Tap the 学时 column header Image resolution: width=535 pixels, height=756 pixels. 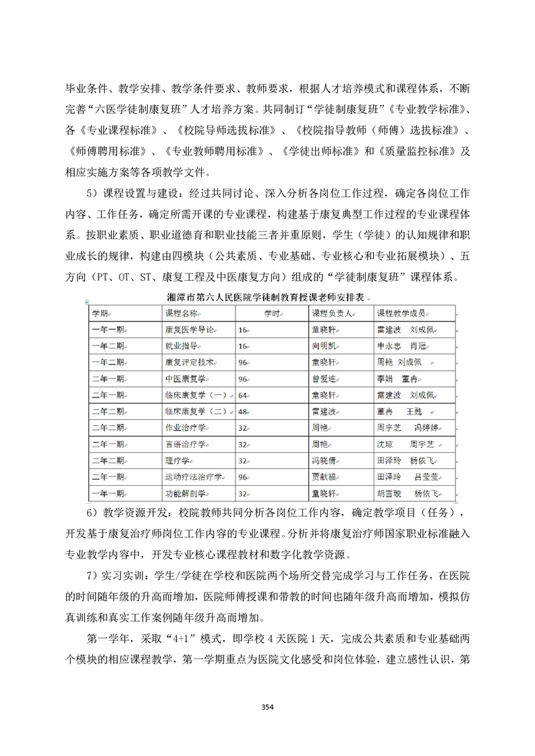tap(271, 313)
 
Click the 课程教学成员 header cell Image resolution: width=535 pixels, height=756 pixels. tap(405, 313)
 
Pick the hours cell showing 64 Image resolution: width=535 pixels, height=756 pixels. tap(244, 395)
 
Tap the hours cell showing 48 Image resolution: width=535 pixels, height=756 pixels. tap(244, 411)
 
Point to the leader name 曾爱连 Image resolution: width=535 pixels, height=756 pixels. tap(323, 379)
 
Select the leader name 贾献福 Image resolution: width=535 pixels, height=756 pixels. tap(323, 477)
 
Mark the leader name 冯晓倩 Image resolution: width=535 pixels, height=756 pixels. tap(323, 461)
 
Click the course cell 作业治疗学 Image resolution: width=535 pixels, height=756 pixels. tap(185, 428)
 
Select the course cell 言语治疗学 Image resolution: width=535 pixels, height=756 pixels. tap(185, 444)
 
